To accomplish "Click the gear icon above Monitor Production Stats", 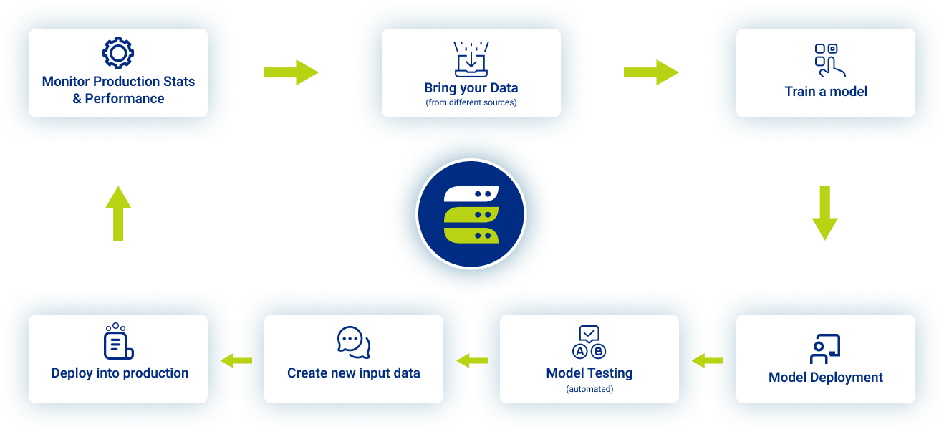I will [118, 54].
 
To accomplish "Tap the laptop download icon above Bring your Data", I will [471, 59].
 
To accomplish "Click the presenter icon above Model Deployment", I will [825, 348].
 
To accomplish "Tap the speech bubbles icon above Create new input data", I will [354, 342].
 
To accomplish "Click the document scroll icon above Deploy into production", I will [119, 342].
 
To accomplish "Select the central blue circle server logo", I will [471, 213].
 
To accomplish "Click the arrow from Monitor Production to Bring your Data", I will [290, 72].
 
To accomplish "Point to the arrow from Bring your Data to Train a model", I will [650, 72].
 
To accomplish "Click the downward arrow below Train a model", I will [824, 213].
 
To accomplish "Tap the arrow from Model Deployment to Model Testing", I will [707, 360].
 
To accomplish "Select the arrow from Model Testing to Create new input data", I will [472, 360].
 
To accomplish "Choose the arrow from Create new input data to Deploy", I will [236, 360].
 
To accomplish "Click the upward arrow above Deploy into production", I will [118, 213].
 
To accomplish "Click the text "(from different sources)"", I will [471, 102].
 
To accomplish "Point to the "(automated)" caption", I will [589, 389].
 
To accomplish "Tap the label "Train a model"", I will [826, 91].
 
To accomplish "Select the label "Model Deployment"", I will [826, 378].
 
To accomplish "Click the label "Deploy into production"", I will [120, 373].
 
